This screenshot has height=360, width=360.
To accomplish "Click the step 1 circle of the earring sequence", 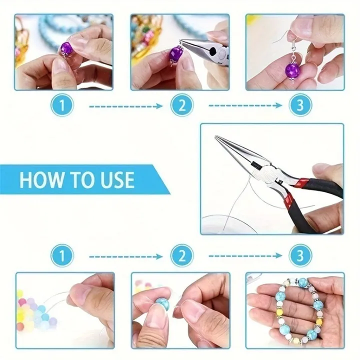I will click(x=62, y=105).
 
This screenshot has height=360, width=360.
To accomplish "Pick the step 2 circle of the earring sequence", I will click(x=181, y=105).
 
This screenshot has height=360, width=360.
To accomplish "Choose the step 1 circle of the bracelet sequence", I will click(x=62, y=256).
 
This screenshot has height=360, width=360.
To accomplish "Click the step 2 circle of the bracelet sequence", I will click(x=181, y=256).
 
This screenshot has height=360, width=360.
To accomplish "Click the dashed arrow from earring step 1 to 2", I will click(x=125, y=106).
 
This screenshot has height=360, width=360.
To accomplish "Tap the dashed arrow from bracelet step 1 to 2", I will click(x=125, y=256).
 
